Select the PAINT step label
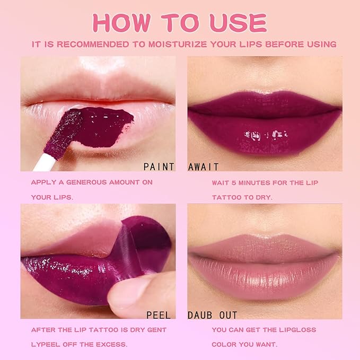[x=159, y=166]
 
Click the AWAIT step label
[x=204, y=166]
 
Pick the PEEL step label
[x=158, y=315]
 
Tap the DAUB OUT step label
[x=213, y=315]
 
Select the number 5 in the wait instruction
[x=236, y=182]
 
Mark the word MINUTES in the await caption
[x=260, y=182]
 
